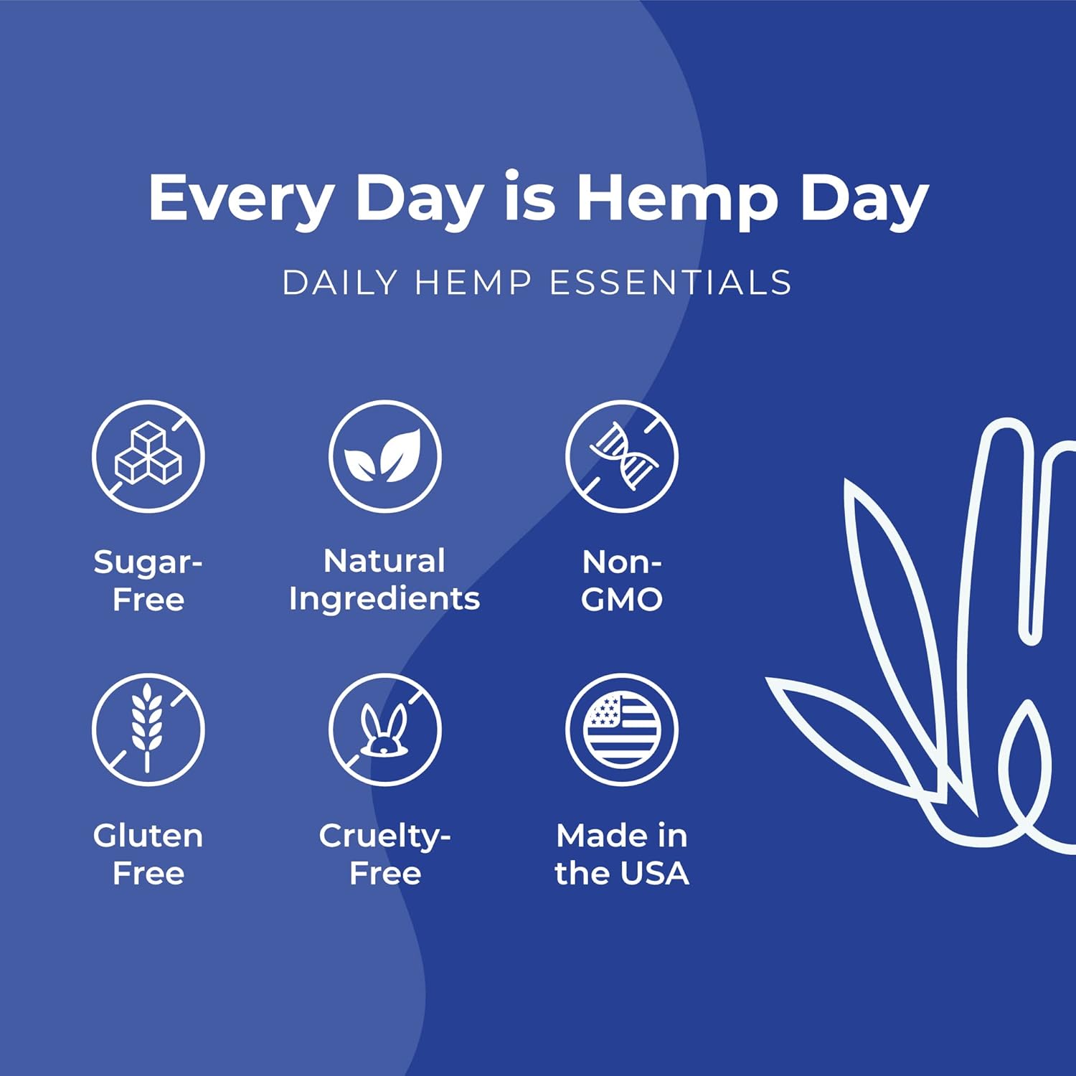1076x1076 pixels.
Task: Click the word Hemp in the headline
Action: click(677, 199)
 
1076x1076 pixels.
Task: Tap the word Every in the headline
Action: click(241, 199)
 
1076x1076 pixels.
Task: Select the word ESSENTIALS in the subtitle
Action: click(671, 283)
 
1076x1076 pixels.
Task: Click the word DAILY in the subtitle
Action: click(339, 283)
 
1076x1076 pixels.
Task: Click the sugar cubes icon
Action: click(148, 456)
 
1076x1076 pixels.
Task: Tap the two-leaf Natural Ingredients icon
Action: click(385, 456)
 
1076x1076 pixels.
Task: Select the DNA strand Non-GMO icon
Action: click(622, 456)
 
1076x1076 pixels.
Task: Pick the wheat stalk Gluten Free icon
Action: click(148, 729)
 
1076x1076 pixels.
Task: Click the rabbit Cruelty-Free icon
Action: click(385, 729)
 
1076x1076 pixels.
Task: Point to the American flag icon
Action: click(622, 729)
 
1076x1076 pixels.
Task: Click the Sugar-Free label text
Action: click(148, 580)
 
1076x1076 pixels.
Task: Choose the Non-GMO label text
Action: click(622, 580)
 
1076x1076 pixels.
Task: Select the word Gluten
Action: click(148, 836)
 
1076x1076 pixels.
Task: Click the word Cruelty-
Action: click(384, 836)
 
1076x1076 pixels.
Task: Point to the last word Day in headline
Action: click(864, 199)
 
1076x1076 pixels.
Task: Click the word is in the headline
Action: click(529, 199)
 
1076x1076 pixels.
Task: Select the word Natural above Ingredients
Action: click(384, 561)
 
